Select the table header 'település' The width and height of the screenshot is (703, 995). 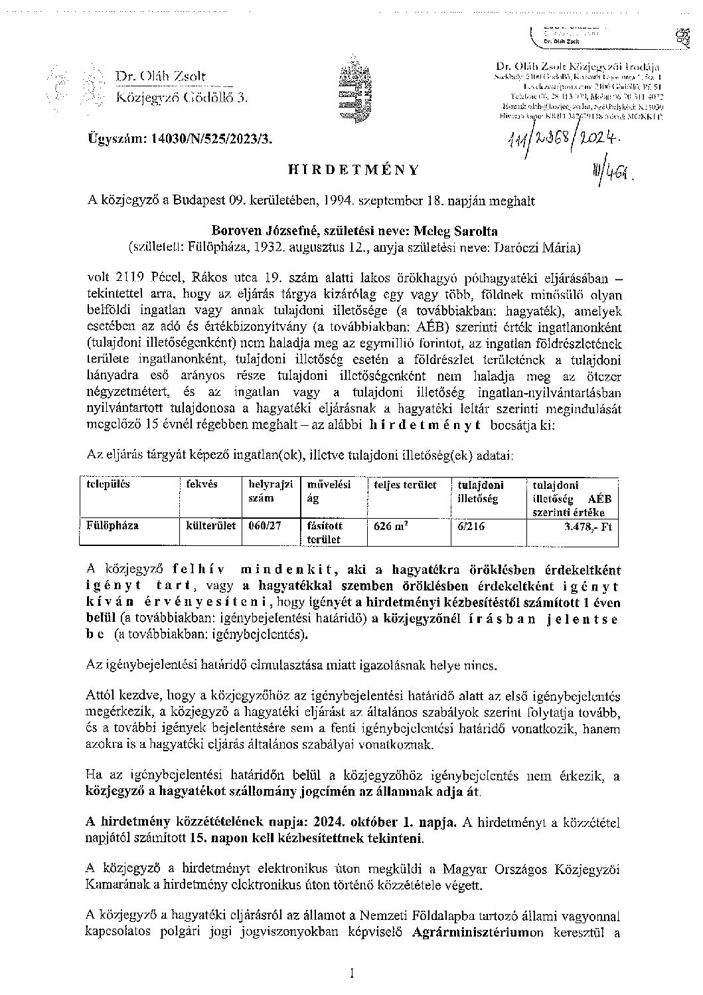[108, 484]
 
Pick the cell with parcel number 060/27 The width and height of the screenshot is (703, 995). [264, 525]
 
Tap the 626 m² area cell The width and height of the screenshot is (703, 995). [391, 526]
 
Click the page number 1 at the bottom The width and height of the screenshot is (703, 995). [352, 974]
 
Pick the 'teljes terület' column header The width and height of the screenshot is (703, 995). [406, 485]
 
